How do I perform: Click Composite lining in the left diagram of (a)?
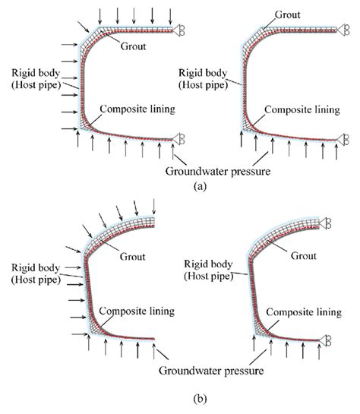coord(138,109)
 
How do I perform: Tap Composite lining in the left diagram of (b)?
coord(138,311)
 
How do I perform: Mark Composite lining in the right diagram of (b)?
coord(307,311)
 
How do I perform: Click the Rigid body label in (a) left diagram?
coord(30,78)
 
